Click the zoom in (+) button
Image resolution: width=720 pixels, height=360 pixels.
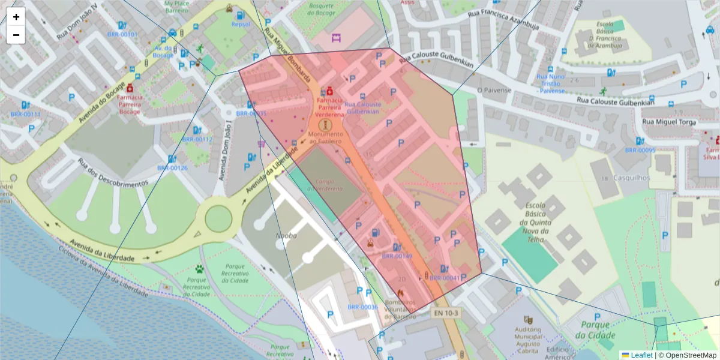tap(16, 17)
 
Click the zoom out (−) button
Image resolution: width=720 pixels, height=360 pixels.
tap(16, 35)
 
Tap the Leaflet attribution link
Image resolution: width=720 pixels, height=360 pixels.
tap(641, 355)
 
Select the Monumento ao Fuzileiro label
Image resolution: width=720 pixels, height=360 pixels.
tap(325, 137)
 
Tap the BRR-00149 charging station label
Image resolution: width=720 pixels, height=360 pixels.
tap(397, 256)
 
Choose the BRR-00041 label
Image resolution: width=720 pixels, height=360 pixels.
tap(444, 278)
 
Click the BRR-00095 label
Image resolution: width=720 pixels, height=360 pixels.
tap(640, 150)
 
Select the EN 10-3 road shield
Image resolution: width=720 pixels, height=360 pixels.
tap(446, 313)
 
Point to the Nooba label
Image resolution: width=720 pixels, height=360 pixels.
tap(286, 235)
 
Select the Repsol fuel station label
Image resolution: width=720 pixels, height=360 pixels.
tap(240, 25)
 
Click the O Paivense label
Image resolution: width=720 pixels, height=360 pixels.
tap(494, 90)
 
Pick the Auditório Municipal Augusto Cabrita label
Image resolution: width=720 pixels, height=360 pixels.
tap(528, 340)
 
